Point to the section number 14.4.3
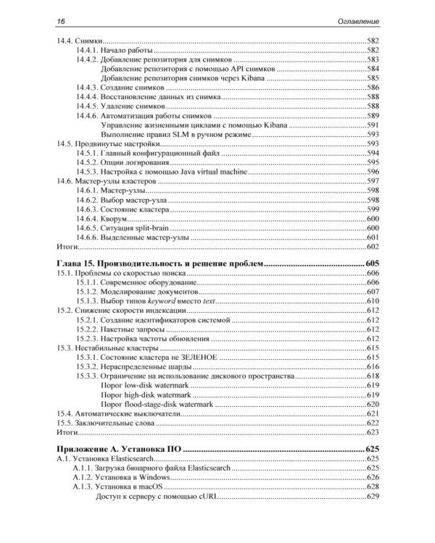coord(86,87)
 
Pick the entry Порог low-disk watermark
coord(144,385)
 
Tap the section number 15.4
coord(64,413)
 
